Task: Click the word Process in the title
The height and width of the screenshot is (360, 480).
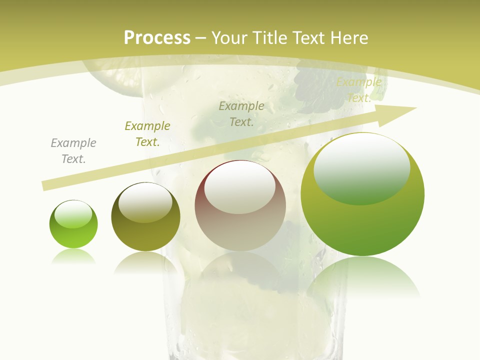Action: point(157,38)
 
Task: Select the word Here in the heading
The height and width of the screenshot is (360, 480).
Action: point(348,38)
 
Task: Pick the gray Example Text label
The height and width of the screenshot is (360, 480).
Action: point(73,150)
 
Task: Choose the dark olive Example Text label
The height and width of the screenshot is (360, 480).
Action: point(147,133)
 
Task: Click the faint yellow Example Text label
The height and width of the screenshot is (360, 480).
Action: point(359,90)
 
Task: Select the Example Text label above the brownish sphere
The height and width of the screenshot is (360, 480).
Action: point(241,113)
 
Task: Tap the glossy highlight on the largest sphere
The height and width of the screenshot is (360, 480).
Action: point(362,167)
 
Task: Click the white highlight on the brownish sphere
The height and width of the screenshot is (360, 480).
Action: point(240,186)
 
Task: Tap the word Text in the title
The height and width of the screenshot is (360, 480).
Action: point(309,38)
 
